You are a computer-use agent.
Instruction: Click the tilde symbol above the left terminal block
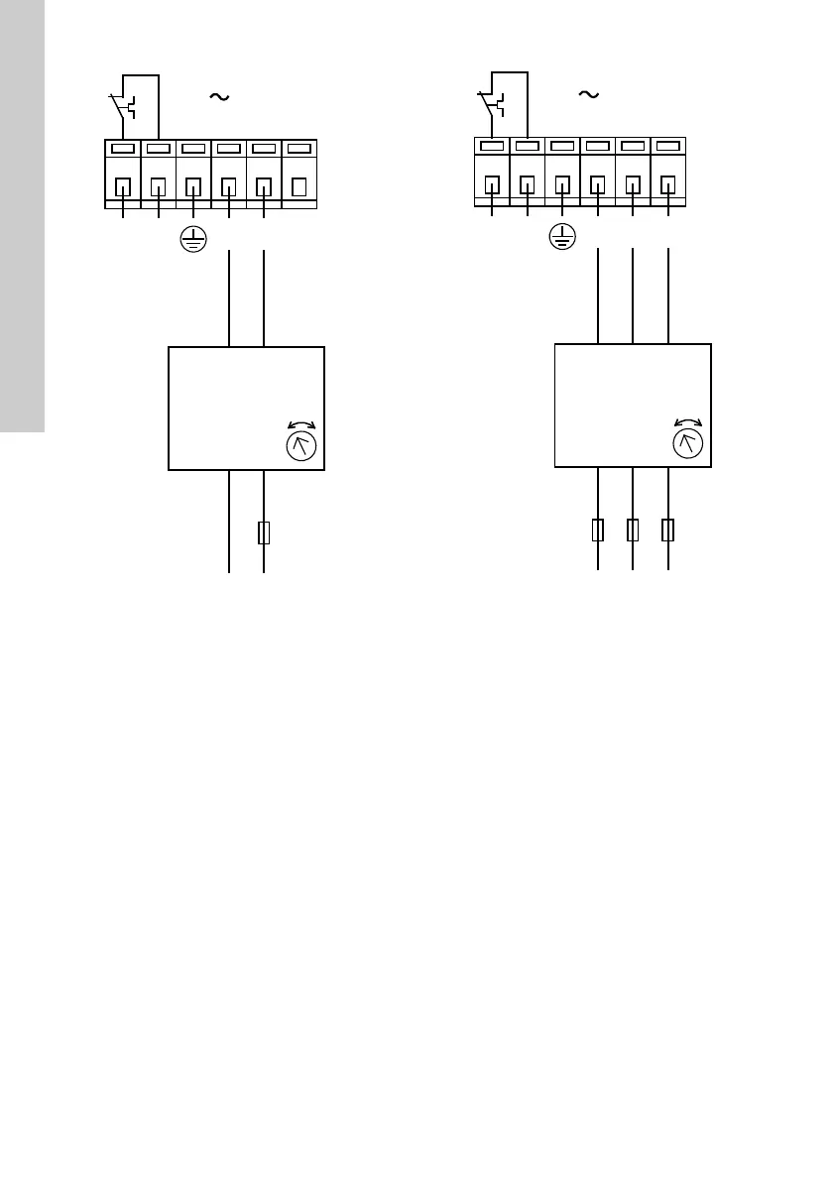click(218, 97)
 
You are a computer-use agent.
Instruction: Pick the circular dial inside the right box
click(687, 442)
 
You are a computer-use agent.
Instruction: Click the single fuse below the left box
click(264, 533)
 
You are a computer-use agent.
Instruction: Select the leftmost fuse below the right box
click(598, 531)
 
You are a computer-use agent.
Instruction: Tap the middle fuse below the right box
click(633, 531)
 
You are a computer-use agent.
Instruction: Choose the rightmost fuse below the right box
click(668, 531)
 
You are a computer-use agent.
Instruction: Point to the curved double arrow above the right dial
click(687, 420)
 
